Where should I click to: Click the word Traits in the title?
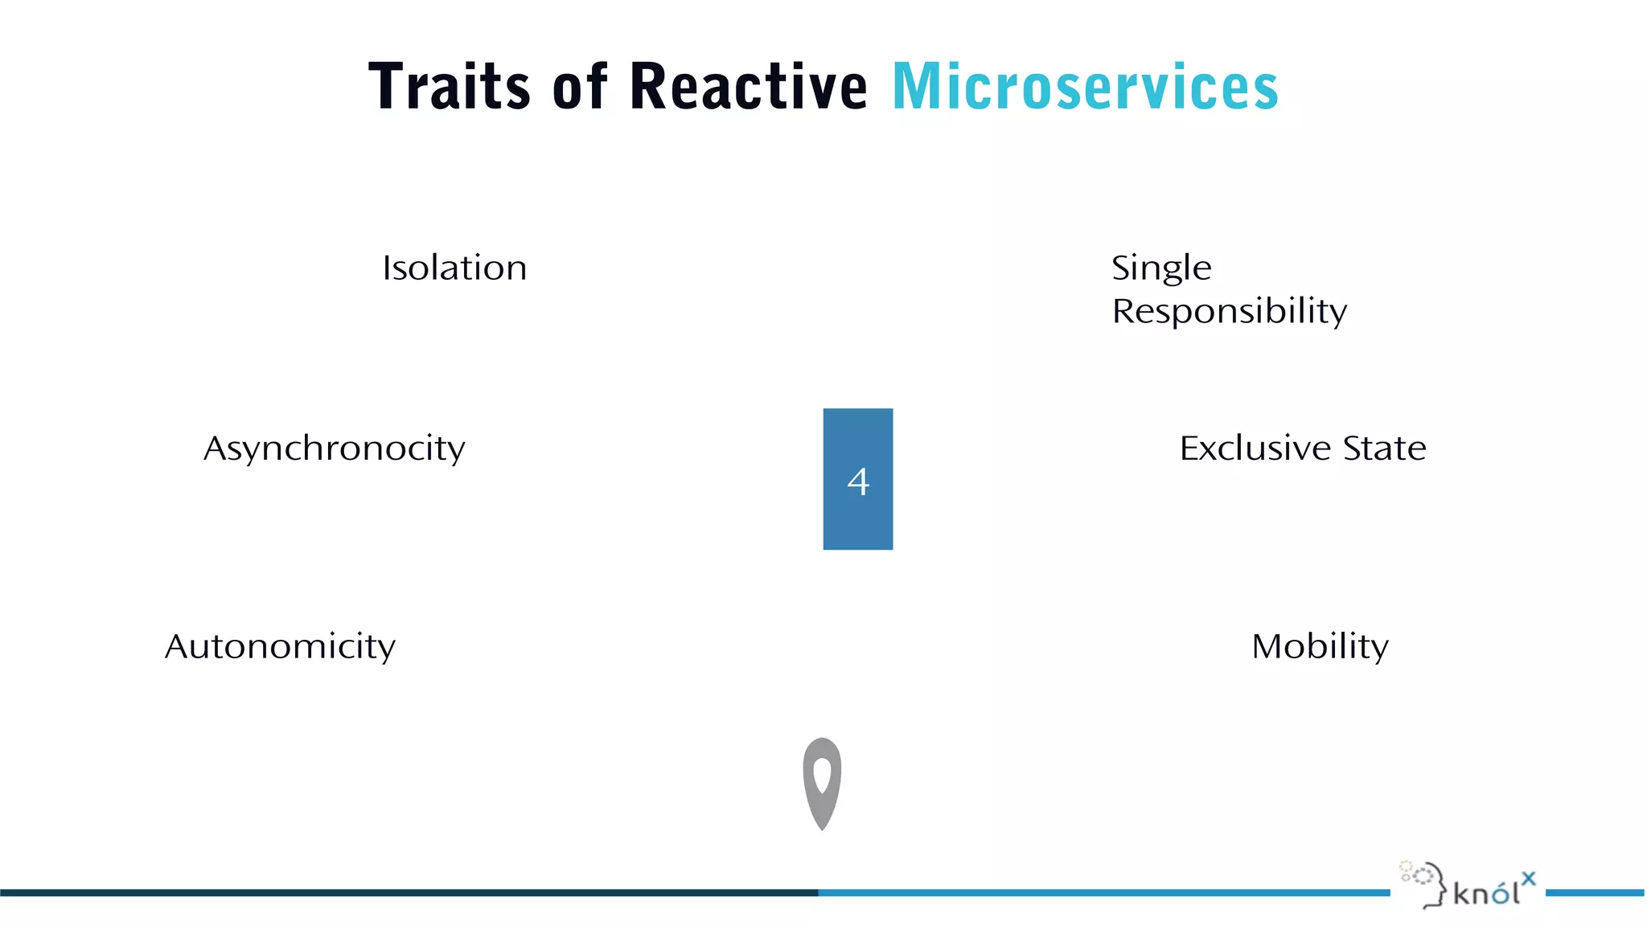click(x=449, y=86)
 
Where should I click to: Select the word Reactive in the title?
click(x=748, y=86)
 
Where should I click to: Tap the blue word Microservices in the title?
click(x=1085, y=86)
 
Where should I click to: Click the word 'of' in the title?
click(x=580, y=86)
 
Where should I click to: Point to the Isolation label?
click(x=454, y=268)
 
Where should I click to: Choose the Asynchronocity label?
click(x=335, y=449)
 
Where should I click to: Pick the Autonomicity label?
click(x=280, y=646)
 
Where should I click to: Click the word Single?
click(x=1160, y=268)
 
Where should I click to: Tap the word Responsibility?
click(x=1229, y=312)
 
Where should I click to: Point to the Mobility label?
click(x=1320, y=646)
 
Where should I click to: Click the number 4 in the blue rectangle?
click(x=858, y=482)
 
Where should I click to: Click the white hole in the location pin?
click(x=822, y=774)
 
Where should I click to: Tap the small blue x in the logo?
click(x=1528, y=879)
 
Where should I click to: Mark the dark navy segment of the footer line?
click(x=402, y=892)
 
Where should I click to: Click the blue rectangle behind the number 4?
click(x=858, y=434)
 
